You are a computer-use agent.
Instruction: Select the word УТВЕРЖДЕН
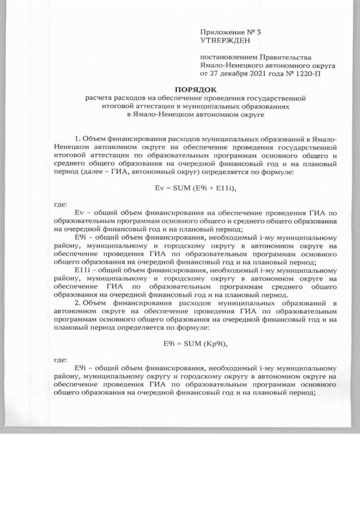[223, 40]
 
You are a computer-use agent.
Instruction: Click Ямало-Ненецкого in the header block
[229, 65]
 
